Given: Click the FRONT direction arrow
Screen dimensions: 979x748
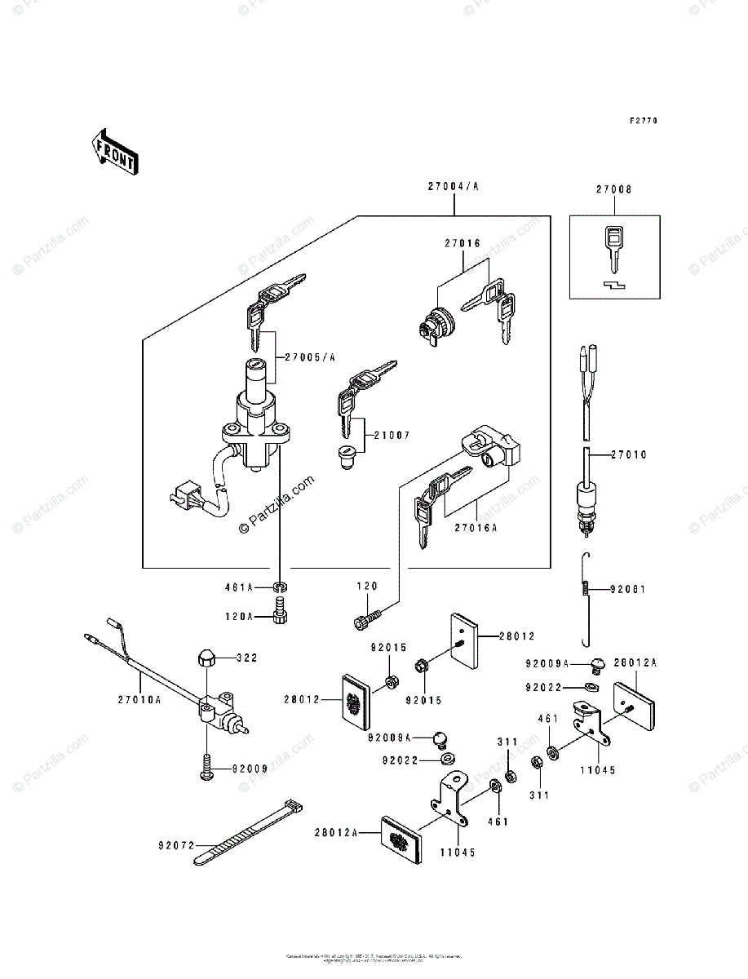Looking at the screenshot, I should pyautogui.click(x=113, y=152).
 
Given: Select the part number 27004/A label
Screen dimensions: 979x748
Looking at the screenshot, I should pyautogui.click(x=452, y=187).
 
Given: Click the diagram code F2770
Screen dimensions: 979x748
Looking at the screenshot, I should pyautogui.click(x=643, y=121).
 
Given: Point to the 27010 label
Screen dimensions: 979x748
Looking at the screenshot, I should pyautogui.click(x=629, y=454).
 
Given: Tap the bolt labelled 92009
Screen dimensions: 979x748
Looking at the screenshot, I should pyautogui.click(x=206, y=768).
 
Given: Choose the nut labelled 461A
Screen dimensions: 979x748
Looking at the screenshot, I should pyautogui.click(x=280, y=587).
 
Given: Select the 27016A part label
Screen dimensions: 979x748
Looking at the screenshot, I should pyautogui.click(x=477, y=527).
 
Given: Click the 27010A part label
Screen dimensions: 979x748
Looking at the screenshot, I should pyautogui.click(x=139, y=699).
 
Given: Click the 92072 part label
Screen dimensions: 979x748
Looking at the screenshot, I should pyautogui.click(x=177, y=845).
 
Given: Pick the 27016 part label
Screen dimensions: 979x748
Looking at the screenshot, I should pyautogui.click(x=463, y=242).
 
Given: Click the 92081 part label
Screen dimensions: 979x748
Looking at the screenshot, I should pyautogui.click(x=629, y=588).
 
